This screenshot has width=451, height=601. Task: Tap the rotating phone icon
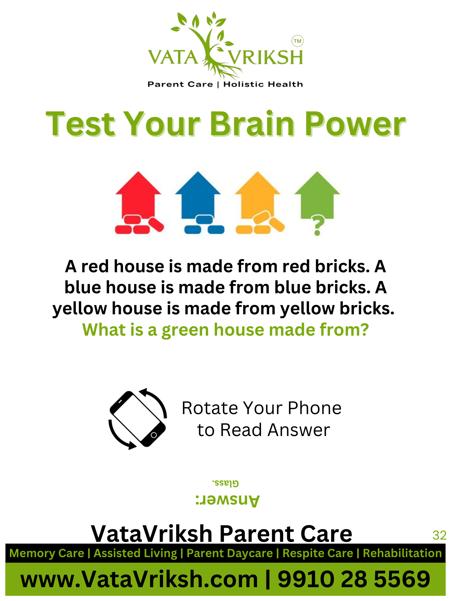(x=138, y=419)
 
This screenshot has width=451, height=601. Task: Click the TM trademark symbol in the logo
(x=297, y=41)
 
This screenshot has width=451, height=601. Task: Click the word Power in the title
(x=355, y=124)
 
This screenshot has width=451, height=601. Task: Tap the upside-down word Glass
(x=226, y=483)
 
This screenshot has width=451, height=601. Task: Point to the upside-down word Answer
(x=227, y=500)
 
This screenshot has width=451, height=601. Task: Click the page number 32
(x=439, y=535)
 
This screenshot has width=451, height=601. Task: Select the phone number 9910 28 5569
(x=354, y=579)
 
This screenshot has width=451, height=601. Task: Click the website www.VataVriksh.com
(x=139, y=579)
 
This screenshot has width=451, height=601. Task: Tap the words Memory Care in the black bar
(x=47, y=553)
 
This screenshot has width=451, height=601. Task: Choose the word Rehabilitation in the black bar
(x=402, y=553)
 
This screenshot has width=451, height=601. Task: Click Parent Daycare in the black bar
(x=230, y=553)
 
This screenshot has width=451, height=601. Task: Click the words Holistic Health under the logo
(x=263, y=84)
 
